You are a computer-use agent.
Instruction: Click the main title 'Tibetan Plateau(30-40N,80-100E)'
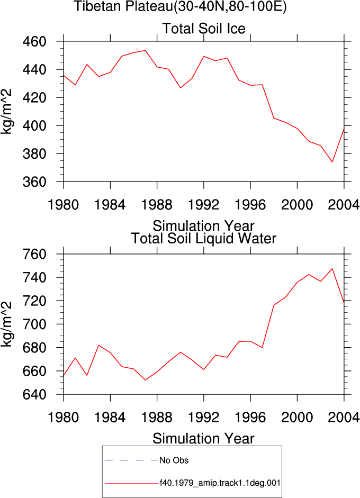[180, 6]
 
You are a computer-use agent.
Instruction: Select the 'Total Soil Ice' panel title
[204, 29]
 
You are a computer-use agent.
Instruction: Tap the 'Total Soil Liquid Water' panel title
[204, 238]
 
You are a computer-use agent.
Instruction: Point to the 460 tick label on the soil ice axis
[34, 41]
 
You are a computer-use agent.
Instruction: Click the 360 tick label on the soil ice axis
[34, 182]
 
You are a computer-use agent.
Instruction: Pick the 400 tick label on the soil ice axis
[34, 125]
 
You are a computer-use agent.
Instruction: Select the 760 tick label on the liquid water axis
[34, 254]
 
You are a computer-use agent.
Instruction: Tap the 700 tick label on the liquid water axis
[34, 324]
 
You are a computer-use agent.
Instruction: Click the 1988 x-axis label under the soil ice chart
[157, 205]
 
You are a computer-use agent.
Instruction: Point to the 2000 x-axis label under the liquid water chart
[297, 418]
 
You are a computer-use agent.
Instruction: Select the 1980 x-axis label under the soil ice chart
[63, 205]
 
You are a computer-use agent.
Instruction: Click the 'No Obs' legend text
[174, 460]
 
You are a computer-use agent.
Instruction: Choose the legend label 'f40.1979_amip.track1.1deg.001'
[220, 483]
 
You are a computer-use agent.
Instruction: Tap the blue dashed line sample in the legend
[131, 460]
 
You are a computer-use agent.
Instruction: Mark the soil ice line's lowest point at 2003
[332, 162]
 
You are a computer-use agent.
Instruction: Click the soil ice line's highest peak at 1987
[145, 50]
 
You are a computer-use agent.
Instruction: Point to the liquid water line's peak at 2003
[332, 269]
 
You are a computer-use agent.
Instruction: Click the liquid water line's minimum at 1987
[145, 380]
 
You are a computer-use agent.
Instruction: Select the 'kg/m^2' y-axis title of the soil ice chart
[6, 111]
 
